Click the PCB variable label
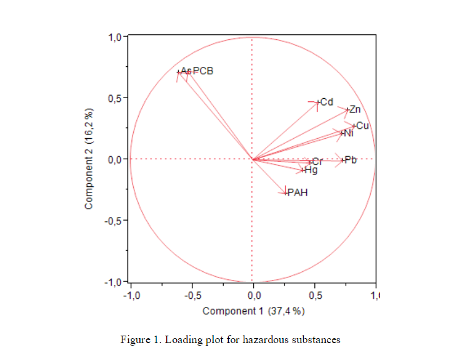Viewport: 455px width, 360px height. coord(203,71)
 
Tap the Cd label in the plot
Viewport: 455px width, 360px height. coord(326,102)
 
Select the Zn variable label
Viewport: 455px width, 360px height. coord(355,110)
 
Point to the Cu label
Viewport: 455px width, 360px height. coord(362,126)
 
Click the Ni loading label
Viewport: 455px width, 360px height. coord(349,133)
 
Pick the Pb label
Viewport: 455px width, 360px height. coord(351,160)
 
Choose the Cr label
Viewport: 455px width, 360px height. coord(317,162)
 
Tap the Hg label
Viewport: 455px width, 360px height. coord(311,170)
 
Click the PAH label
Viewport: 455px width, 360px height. coord(297,192)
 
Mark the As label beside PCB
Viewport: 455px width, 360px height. coord(186,71)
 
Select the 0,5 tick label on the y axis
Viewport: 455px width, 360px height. coord(115,98)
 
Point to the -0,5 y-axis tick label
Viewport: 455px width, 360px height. coord(114,220)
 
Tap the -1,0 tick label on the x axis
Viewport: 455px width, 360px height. coord(132,295)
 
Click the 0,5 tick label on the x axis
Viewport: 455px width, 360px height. coord(316,295)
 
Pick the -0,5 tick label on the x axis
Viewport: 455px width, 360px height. coord(192,295)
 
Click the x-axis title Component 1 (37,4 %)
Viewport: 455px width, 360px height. coord(254,311)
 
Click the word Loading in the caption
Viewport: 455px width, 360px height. coord(177,340)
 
